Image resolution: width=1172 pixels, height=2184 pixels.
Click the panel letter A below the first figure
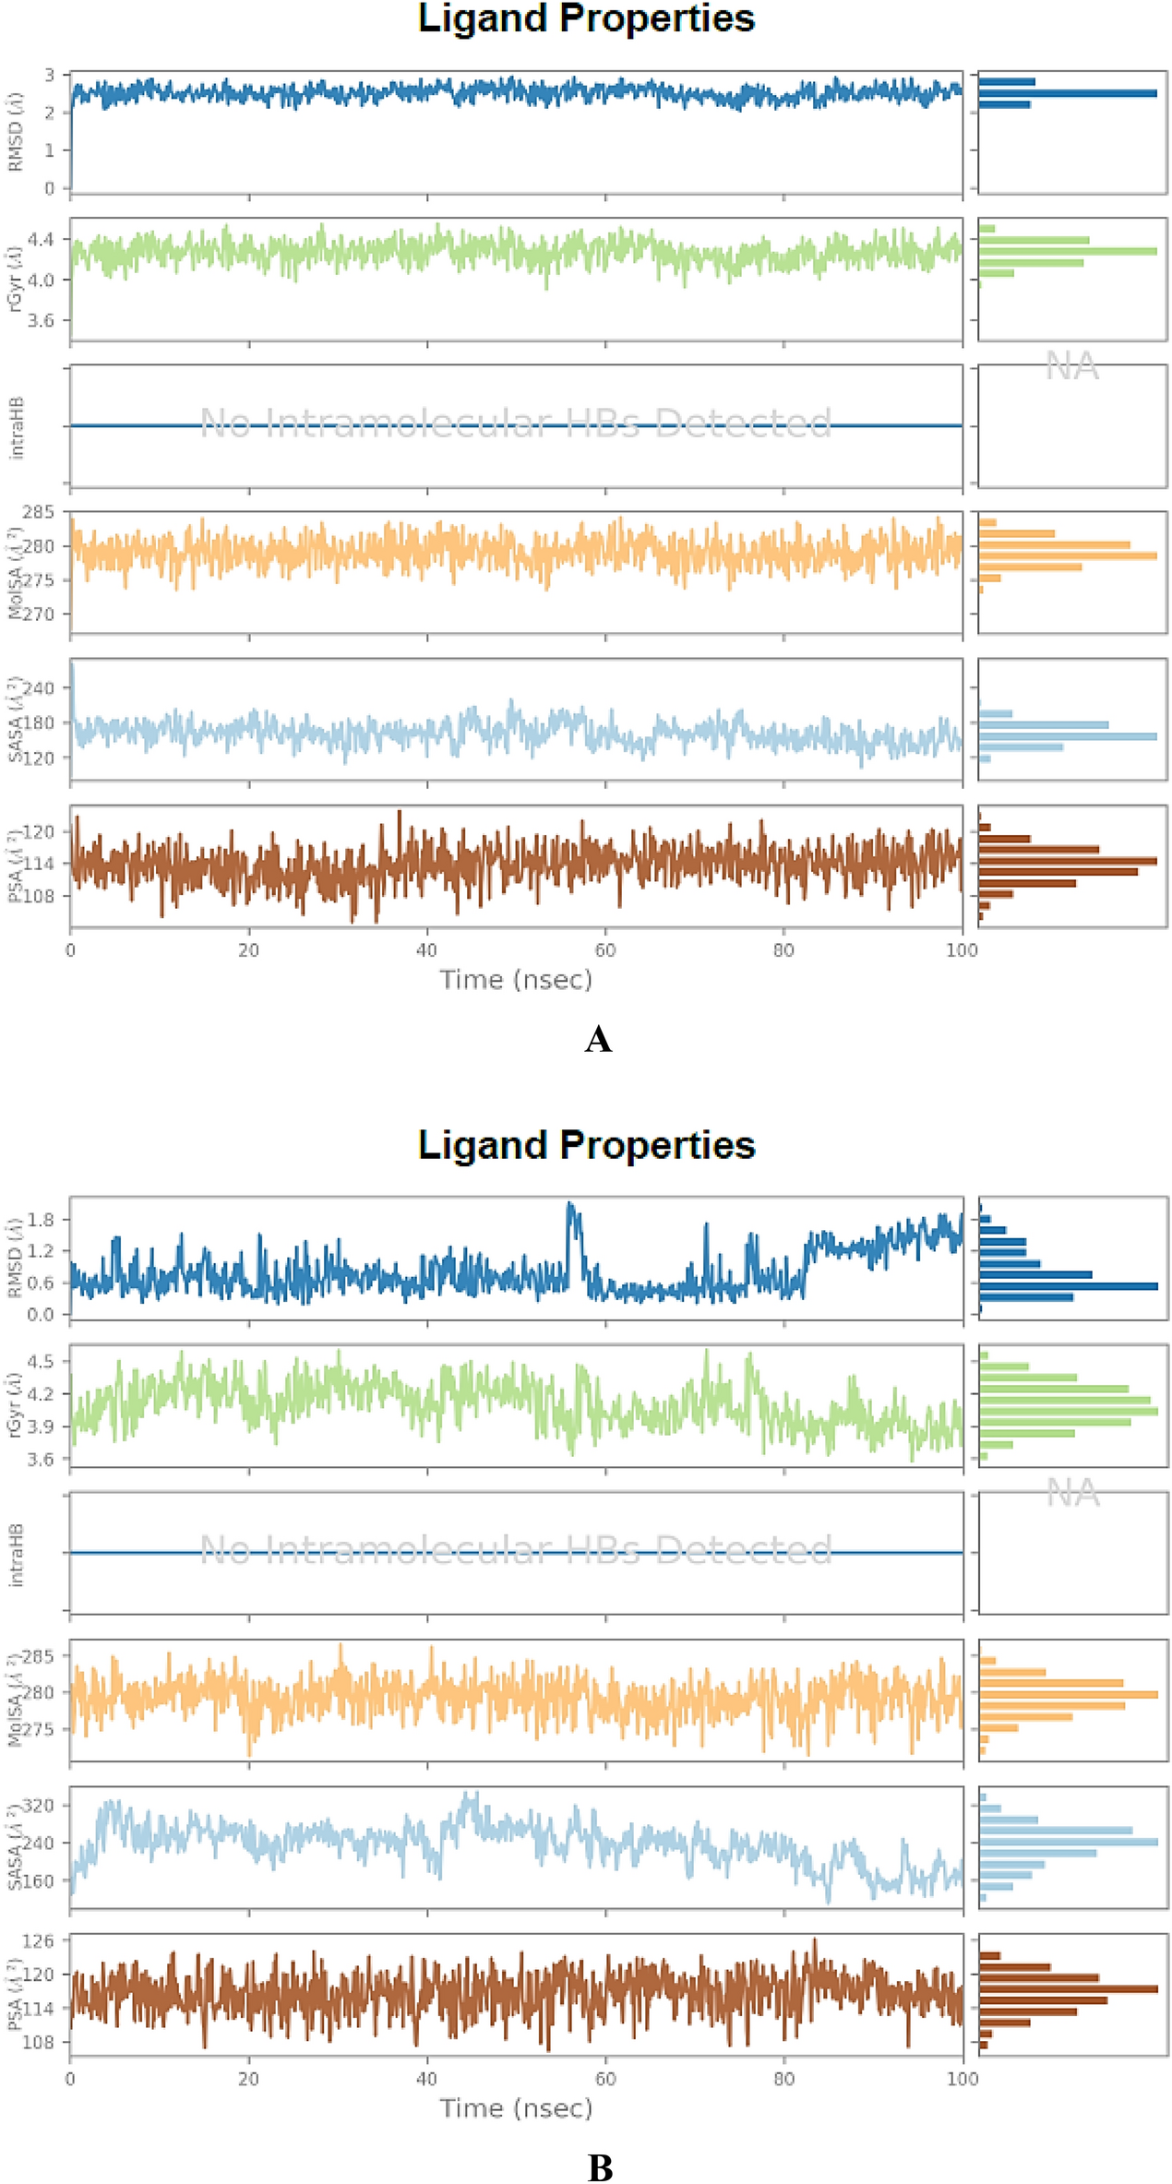pos(598,1040)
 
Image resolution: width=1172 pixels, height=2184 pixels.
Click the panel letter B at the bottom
pos(600,2167)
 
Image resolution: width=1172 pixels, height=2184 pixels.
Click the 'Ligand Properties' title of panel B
pos(586,1145)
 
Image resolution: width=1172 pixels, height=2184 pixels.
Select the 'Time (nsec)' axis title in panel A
pos(515,979)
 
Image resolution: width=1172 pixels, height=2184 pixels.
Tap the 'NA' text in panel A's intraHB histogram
pos(1071,367)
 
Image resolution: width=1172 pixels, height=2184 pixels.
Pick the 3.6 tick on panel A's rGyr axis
pos(42,320)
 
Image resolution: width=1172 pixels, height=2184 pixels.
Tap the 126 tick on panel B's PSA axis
pos(40,1941)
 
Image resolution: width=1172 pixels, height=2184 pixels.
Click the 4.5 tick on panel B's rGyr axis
pos(42,1362)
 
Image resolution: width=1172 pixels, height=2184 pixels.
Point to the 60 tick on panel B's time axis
pos(605,2079)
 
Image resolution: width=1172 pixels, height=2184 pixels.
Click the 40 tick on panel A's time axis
pos(426,950)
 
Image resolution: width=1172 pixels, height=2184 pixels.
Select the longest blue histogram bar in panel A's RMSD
pos(1067,93)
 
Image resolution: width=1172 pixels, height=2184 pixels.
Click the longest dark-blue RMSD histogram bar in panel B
pos(1068,1286)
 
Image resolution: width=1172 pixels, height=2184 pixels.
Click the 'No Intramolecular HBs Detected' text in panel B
pos(515,1549)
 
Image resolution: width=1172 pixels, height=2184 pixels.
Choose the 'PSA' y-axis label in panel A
pos(16,865)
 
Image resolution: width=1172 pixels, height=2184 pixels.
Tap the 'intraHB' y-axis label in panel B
pos(16,1554)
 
